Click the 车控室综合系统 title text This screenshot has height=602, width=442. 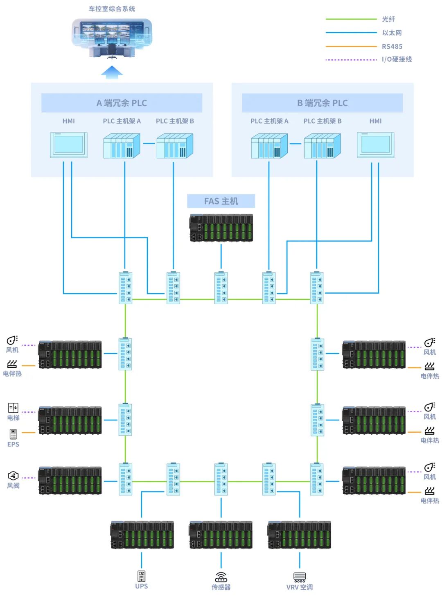[x=112, y=9]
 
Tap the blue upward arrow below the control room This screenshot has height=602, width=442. [x=112, y=72]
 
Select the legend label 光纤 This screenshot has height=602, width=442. [x=388, y=19]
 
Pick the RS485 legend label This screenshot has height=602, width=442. [x=392, y=47]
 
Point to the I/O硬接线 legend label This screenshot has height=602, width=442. [x=397, y=59]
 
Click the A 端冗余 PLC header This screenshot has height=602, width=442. [x=122, y=103]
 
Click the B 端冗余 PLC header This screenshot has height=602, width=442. [x=322, y=103]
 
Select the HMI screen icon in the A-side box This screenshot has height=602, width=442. [x=69, y=145]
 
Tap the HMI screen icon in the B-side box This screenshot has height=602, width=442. [x=376, y=145]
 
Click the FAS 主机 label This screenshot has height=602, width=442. [x=221, y=201]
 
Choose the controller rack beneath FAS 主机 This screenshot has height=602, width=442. [x=221, y=228]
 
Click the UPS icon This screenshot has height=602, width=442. [x=142, y=576]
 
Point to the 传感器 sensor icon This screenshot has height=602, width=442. [x=221, y=577]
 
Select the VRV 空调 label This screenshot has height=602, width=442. [x=300, y=587]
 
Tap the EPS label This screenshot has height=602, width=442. [x=13, y=444]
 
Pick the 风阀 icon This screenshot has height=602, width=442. [x=13, y=476]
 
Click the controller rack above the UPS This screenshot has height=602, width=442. [x=142, y=535]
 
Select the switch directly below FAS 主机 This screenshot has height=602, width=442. [x=221, y=288]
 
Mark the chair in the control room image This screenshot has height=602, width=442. [x=112, y=52]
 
